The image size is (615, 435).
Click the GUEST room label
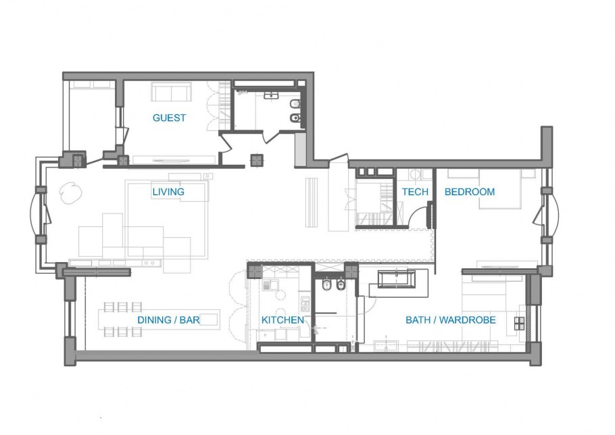coord(169,118)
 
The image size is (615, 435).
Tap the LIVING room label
coord(168,192)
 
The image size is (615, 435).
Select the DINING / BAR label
coord(168,319)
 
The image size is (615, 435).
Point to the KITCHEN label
coord(282,319)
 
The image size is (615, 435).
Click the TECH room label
coord(415,192)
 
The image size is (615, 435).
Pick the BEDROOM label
coord(470,192)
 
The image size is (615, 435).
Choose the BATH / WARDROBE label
coord(451,319)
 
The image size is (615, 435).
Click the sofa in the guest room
coord(172,92)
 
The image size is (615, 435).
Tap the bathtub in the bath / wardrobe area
coord(397,279)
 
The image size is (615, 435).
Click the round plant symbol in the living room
coord(70,193)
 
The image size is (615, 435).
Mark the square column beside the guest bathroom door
coord(257,160)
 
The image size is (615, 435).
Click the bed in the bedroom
coord(500,188)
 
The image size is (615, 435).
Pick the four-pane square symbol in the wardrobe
coord(519,324)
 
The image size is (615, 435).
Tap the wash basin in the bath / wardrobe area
coord(386,346)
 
